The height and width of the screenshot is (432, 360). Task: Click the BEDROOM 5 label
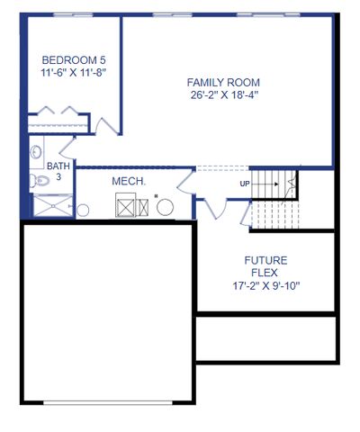pos(67,60)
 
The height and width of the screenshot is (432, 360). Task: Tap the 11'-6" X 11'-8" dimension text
pos(67,73)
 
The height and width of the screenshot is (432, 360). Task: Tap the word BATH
pos(58,166)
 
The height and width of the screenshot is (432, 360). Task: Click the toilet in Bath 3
pos(36,181)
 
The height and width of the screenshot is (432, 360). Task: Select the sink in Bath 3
pos(36,152)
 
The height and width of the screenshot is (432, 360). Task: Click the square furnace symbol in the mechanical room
pos(126,206)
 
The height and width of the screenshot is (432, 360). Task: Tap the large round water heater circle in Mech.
pos(166,208)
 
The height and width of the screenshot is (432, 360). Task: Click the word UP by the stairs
pos(245,184)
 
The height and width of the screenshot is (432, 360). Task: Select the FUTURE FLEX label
pos(265,266)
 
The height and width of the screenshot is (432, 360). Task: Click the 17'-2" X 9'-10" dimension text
pos(265,286)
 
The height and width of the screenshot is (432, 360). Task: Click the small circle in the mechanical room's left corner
pos(83,210)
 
